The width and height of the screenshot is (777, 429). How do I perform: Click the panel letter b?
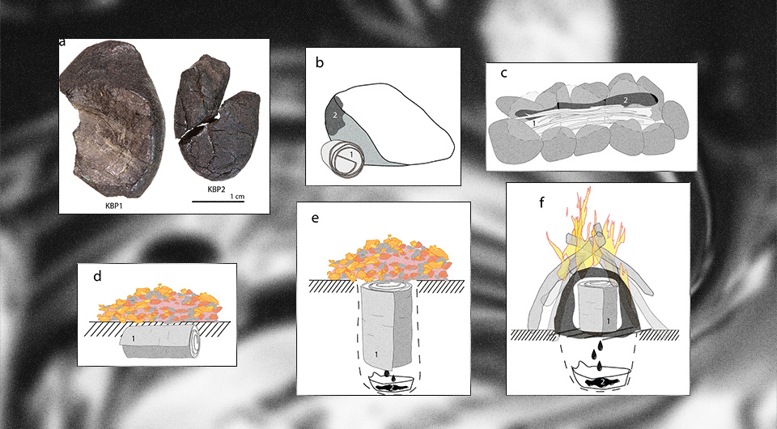(x=320, y=62)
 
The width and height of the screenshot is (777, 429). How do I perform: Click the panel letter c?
(x=504, y=74)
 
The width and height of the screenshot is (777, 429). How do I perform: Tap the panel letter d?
(x=97, y=276)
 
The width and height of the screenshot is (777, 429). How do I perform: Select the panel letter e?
(x=315, y=218)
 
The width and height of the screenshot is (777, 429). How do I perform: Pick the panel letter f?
(x=541, y=202)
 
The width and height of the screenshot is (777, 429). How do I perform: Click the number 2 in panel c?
(x=626, y=100)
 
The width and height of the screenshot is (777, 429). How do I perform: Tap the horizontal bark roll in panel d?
(x=159, y=340)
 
